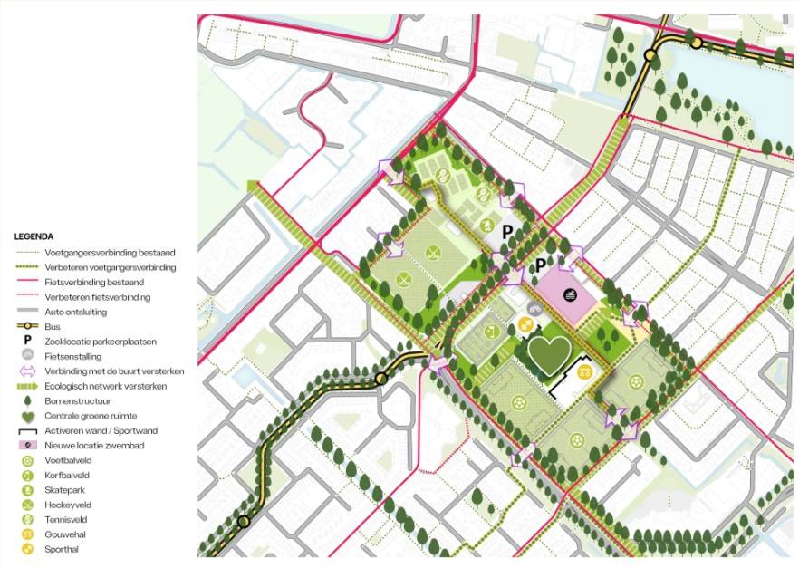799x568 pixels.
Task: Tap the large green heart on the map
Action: click(548, 355)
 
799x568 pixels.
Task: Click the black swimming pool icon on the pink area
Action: click(569, 294)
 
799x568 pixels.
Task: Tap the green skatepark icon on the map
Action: click(486, 225)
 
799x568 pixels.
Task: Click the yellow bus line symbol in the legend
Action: click(27, 326)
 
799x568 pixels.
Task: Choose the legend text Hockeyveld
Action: click(68, 505)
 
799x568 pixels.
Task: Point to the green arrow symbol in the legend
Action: click(27, 386)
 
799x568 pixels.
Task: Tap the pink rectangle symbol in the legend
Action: click(27, 445)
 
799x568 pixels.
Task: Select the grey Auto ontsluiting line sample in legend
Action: click(27, 312)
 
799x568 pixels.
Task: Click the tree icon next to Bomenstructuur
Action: click(27, 400)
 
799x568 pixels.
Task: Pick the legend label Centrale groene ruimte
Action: click(87, 415)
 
